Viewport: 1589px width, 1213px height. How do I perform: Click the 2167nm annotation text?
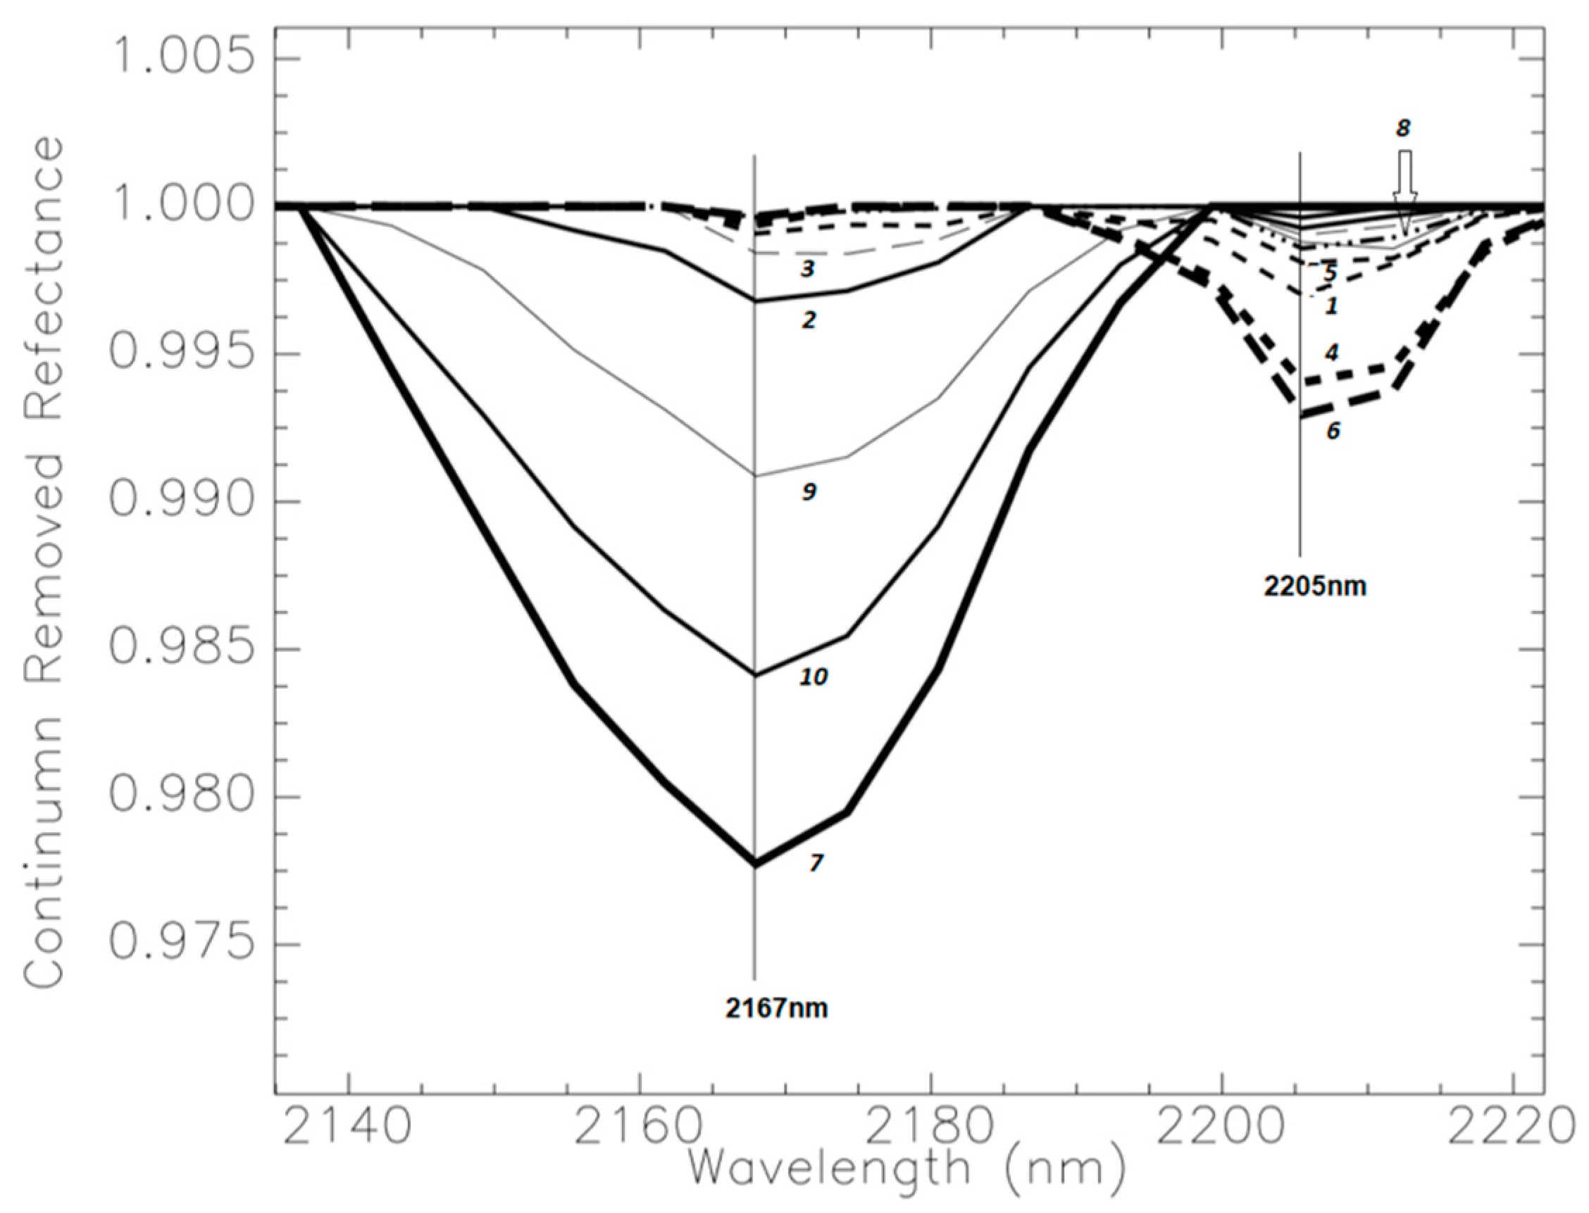(x=776, y=1007)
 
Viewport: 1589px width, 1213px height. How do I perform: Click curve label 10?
(x=813, y=677)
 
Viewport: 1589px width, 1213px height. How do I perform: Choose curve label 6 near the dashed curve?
(x=1332, y=431)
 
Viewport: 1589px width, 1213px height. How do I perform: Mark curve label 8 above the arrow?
(x=1402, y=129)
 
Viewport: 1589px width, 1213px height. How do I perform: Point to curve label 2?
(x=808, y=320)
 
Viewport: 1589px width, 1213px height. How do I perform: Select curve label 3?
(x=806, y=270)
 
